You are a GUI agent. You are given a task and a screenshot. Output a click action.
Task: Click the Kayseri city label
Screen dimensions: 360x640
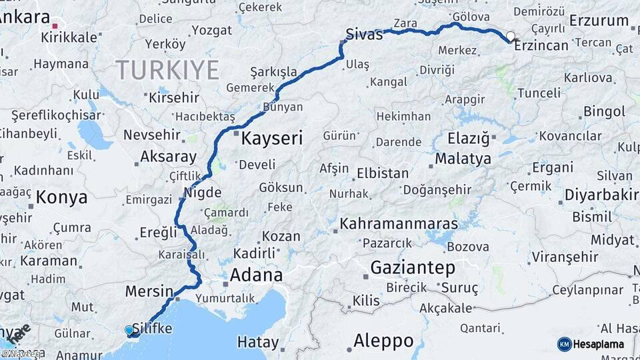(x=271, y=139)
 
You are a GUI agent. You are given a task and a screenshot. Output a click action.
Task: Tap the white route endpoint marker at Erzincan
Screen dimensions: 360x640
(x=511, y=36)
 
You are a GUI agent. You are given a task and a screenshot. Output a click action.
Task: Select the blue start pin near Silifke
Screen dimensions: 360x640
(x=129, y=329)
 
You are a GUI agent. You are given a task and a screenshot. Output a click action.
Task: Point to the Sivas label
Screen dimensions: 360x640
(x=364, y=35)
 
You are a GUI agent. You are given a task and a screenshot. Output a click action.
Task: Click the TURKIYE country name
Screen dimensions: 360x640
(x=167, y=69)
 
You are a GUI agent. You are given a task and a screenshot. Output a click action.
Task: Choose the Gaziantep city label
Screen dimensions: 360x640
(x=413, y=268)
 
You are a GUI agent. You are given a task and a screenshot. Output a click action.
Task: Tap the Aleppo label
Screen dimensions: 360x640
(x=383, y=341)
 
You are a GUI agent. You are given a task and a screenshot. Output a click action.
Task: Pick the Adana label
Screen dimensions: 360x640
(x=256, y=275)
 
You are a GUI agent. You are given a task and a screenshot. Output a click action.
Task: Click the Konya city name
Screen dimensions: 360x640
(x=61, y=197)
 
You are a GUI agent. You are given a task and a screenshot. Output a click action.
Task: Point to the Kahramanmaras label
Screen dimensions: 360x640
(x=399, y=223)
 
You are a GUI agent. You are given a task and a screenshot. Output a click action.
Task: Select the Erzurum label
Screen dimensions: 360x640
(x=599, y=21)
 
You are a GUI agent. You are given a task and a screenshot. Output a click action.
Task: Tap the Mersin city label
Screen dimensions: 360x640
(x=149, y=291)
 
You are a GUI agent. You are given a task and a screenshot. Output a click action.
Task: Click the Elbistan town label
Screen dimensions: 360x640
(x=383, y=173)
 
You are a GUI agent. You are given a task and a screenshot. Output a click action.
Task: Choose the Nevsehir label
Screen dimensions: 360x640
(x=152, y=135)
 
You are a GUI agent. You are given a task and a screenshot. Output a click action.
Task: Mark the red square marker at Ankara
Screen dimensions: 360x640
(x=55, y=26)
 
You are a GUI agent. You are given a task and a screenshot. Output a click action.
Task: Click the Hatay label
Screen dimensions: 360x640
(x=258, y=343)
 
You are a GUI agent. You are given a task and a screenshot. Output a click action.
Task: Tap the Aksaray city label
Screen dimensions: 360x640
(x=168, y=158)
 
